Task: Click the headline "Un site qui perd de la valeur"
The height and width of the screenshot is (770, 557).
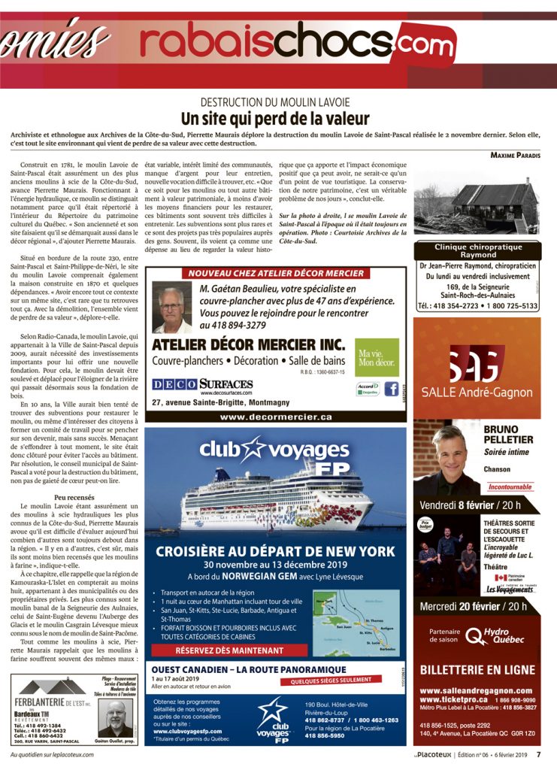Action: (274, 119)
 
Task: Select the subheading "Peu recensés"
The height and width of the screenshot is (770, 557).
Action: (74, 498)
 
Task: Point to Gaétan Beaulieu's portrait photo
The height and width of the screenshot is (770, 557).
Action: (173, 308)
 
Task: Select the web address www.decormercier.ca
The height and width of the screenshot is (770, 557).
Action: (275, 416)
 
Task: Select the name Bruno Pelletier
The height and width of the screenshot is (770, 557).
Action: (508, 434)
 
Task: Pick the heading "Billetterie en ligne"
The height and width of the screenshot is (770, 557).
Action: (477, 669)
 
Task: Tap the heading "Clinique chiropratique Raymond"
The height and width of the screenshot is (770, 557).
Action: (477, 250)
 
